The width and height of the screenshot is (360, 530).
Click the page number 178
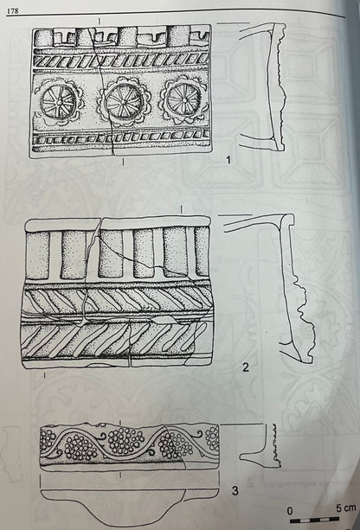point(13,11)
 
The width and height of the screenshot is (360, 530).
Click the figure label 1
point(228,159)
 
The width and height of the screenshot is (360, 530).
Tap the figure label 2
point(246,367)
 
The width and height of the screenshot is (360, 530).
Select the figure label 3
point(235,490)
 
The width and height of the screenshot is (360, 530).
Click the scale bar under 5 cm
point(314,520)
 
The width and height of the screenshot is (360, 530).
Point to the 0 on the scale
point(290,511)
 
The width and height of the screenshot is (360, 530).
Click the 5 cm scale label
point(346,508)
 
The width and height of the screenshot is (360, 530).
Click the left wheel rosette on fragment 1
point(60,101)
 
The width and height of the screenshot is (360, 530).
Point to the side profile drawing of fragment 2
point(287,287)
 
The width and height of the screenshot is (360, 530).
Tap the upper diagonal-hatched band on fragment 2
point(117,300)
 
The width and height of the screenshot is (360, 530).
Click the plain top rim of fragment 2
point(118,224)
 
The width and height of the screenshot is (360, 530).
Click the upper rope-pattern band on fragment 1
point(121,61)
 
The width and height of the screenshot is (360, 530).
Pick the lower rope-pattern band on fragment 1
point(121,137)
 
